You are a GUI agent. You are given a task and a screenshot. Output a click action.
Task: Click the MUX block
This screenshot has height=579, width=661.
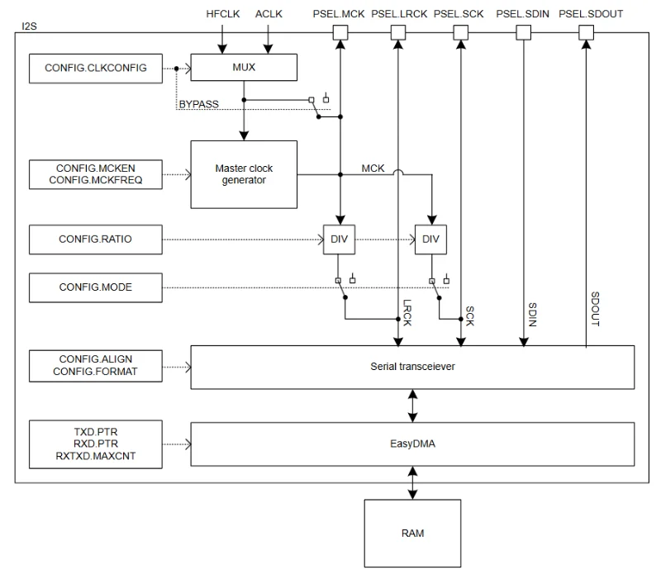[x=244, y=68]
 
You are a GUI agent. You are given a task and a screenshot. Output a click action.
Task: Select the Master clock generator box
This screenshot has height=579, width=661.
[x=244, y=174]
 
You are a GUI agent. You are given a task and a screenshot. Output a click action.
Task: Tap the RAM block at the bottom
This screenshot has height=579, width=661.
[x=412, y=533]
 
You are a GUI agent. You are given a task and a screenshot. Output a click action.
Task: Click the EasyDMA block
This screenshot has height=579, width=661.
[x=412, y=445]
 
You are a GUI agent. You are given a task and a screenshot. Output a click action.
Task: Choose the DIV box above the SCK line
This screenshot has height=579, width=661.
[x=431, y=240]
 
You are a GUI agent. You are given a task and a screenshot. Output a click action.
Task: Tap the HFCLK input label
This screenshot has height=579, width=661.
[x=222, y=14]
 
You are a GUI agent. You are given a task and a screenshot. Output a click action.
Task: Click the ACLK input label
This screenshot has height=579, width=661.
[x=269, y=14]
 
